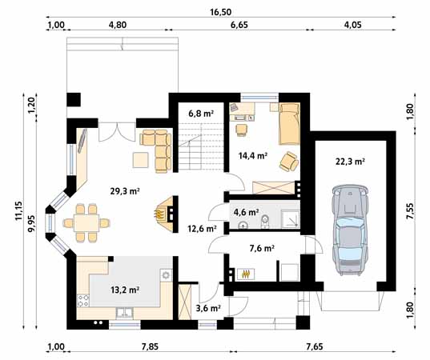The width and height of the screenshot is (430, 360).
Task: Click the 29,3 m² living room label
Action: point(125,190)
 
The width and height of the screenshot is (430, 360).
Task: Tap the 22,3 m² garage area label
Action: point(350,162)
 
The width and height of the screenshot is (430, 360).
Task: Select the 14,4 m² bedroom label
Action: point(253,156)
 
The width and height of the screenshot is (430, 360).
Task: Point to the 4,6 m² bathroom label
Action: point(247,212)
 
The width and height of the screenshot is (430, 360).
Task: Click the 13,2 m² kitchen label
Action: point(125,290)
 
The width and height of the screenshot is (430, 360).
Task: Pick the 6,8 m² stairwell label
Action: point(201,113)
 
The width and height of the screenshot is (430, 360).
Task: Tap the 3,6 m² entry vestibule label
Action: point(209,308)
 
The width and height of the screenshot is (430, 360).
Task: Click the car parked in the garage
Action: point(350,230)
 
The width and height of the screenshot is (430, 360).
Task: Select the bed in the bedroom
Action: point(289,123)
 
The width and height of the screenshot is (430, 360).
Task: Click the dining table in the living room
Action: point(86,223)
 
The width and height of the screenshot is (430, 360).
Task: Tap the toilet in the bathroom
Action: point(265,222)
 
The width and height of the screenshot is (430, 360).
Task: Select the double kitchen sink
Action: point(124,314)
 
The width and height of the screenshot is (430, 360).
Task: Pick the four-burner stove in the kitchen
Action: point(83,300)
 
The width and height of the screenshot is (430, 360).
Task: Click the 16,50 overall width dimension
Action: point(220,12)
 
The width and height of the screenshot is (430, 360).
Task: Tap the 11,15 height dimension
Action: point(18,210)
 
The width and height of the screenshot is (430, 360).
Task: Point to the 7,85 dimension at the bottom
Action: point(150,347)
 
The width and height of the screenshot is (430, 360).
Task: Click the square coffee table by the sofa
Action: point(141,160)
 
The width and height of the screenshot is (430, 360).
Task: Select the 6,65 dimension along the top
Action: point(239,25)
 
